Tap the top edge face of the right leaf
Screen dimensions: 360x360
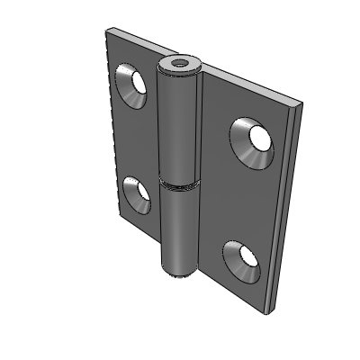tap(252, 91)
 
